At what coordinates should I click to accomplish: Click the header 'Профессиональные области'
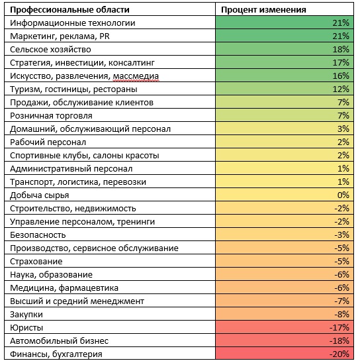(x=69, y=10)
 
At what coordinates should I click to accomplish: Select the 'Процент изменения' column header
(x=263, y=10)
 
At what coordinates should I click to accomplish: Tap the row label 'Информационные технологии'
(x=73, y=23)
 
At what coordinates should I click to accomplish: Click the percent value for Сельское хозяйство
(x=341, y=49)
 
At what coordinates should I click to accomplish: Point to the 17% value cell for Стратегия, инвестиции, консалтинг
(x=341, y=62)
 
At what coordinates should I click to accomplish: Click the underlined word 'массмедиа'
(x=136, y=76)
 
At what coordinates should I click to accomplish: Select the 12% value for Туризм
(x=341, y=89)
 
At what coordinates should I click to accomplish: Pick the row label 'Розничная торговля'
(x=51, y=116)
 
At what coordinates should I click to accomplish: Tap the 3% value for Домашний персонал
(x=343, y=129)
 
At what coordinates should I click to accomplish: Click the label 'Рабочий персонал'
(x=48, y=142)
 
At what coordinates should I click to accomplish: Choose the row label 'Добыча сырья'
(x=40, y=195)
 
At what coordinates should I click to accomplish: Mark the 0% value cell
(x=343, y=195)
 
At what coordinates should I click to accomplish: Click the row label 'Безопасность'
(x=38, y=235)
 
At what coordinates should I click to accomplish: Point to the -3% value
(x=341, y=235)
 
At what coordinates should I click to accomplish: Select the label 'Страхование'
(x=36, y=262)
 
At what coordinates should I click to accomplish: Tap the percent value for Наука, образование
(x=341, y=274)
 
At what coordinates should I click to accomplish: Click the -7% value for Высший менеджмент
(x=341, y=301)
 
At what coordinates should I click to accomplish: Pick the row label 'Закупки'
(x=26, y=315)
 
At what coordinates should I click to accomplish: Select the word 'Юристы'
(x=26, y=328)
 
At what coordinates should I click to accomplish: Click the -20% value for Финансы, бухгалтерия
(x=339, y=354)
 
